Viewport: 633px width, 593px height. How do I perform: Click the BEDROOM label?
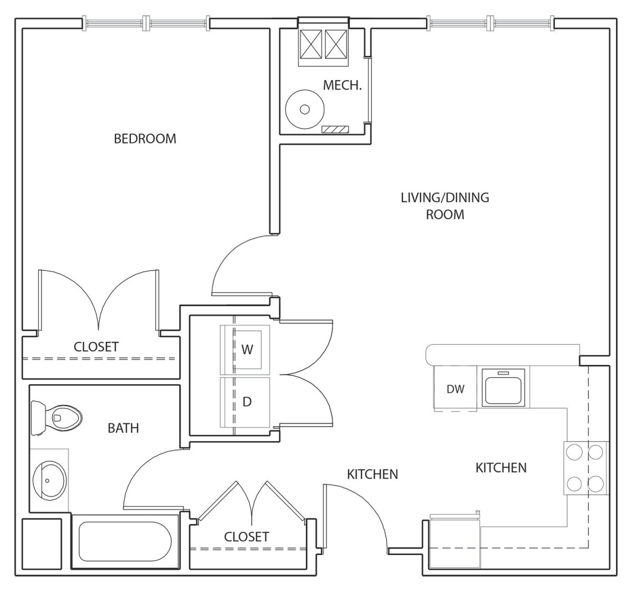point(145,139)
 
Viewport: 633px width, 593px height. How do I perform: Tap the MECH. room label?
point(343,85)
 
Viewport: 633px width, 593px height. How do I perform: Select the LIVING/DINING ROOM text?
point(445,206)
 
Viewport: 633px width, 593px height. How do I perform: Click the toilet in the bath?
point(56,418)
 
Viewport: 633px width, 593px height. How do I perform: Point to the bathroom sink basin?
point(50,480)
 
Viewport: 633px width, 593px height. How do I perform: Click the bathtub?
point(125,541)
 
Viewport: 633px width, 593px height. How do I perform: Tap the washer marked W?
point(245,350)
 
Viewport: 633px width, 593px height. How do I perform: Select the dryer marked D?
point(245,402)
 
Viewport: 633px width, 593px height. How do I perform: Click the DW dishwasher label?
point(455,389)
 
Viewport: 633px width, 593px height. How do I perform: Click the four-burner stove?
point(587,468)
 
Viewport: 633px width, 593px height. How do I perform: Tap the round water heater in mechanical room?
point(305,109)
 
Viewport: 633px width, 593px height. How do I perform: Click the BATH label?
point(123,428)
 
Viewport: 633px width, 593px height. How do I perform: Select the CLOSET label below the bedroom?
point(96,347)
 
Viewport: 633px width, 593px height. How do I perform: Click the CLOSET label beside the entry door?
point(247,537)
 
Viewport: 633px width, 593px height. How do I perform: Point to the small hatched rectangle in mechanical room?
point(335,129)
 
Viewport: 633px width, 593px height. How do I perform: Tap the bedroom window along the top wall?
point(146,23)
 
